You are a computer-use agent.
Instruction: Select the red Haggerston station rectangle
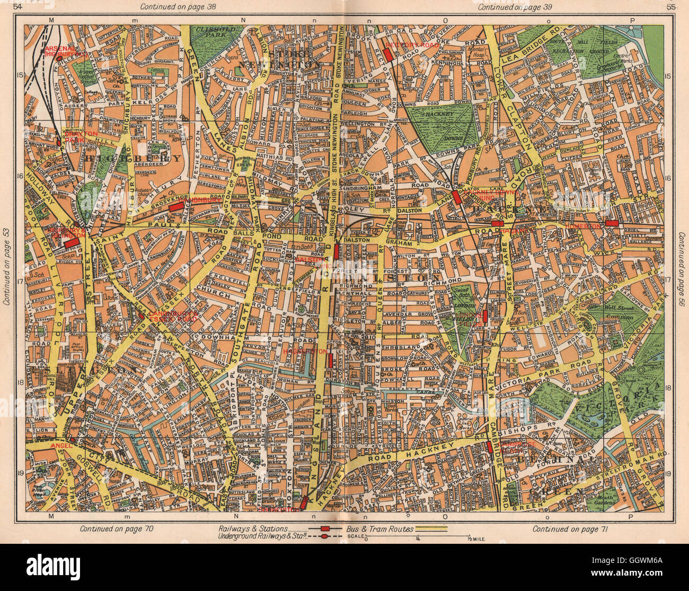330,360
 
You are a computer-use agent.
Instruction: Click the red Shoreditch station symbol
304,502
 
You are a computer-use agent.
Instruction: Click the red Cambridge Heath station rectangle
489,447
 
